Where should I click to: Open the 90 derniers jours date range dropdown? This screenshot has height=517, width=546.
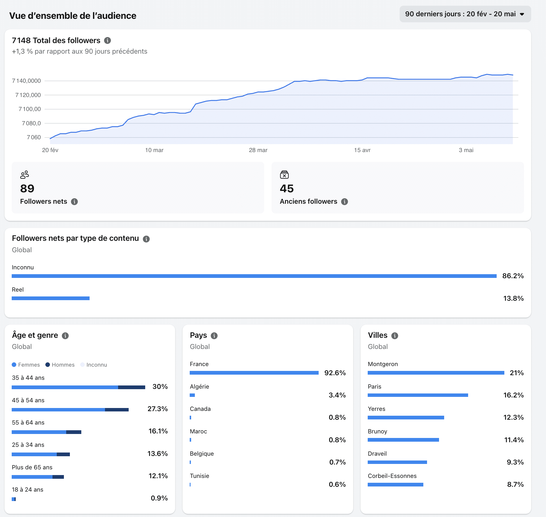click(x=465, y=14)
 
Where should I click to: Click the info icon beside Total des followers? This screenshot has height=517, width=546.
click(x=107, y=41)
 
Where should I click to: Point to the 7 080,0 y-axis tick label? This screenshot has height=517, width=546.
click(x=31, y=123)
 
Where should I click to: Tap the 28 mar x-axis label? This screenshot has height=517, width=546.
click(x=258, y=150)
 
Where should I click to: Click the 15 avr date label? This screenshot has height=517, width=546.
click(x=362, y=150)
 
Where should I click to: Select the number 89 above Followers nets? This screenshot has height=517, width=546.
click(x=27, y=189)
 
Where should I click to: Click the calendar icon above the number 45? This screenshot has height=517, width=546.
click(x=284, y=174)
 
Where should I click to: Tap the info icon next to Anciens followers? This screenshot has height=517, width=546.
click(x=345, y=202)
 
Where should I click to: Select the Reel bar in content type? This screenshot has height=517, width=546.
click(x=50, y=298)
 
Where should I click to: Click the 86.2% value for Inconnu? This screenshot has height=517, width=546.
click(x=513, y=276)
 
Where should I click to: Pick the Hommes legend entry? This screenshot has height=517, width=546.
click(x=60, y=365)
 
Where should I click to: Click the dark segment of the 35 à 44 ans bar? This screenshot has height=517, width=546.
click(x=132, y=387)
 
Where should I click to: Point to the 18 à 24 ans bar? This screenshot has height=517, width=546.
click(x=14, y=499)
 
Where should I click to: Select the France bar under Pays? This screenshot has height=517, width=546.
click(x=254, y=373)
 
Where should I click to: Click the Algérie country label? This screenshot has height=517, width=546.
click(x=199, y=387)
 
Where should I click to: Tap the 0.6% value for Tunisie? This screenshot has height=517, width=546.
click(x=337, y=484)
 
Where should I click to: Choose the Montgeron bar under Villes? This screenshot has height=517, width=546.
click(x=436, y=373)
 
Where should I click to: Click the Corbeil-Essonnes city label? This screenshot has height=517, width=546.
click(x=392, y=476)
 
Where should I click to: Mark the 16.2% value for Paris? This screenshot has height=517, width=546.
click(x=513, y=395)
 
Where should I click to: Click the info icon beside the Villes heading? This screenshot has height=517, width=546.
click(x=395, y=336)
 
